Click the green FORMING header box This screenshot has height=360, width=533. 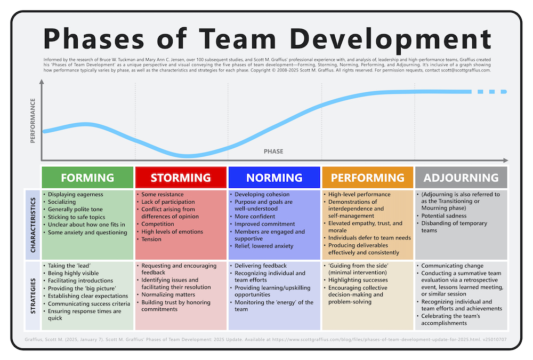tap(88, 177)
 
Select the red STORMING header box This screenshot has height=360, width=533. tap(181, 177)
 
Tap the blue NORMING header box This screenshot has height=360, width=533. tap(274, 177)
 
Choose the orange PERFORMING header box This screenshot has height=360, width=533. tap(368, 177)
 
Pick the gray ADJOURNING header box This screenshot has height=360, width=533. tap(461, 177)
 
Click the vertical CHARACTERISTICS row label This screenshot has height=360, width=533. tap(33, 225)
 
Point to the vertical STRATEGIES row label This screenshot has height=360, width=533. tap(33, 295)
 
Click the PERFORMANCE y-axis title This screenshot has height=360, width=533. tap(33, 121)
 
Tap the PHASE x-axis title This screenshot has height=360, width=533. tap(273, 151)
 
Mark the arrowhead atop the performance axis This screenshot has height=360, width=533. tap(42, 82)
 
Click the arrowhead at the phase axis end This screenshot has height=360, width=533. tap(506, 160)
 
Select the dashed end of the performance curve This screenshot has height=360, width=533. tap(492, 92)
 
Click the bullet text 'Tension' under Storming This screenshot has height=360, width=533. tap(151, 239)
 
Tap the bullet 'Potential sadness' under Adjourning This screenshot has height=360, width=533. tap(444, 215)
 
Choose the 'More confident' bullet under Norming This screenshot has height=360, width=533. tap(255, 217)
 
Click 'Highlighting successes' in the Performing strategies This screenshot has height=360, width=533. tap(358, 280)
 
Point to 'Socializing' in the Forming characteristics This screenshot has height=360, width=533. tap(62, 202)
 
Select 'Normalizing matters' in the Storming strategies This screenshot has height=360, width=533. tap(168, 295)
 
